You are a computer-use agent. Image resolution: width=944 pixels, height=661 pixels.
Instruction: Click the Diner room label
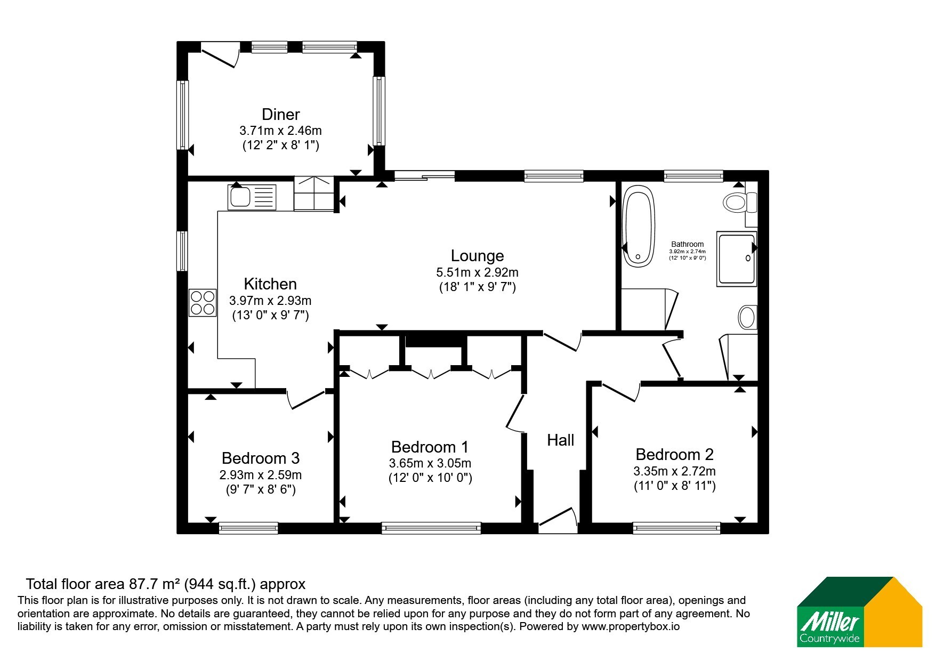(280, 114)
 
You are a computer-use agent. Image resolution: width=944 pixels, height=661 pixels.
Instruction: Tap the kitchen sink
(252, 197)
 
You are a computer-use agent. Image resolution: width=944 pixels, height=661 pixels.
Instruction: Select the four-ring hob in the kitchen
(203, 302)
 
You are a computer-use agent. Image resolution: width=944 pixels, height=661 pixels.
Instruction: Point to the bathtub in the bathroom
(639, 225)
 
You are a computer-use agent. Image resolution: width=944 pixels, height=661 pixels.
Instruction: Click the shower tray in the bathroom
(737, 259)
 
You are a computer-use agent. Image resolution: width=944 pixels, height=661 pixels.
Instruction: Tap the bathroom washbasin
(747, 318)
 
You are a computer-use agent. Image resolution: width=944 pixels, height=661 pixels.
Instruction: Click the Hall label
(561, 440)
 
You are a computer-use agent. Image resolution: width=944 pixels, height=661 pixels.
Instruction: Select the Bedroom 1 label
(430, 447)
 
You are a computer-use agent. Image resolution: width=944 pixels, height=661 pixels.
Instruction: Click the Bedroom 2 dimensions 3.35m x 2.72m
(674, 471)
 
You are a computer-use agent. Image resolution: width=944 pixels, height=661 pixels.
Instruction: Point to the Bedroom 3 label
(261, 458)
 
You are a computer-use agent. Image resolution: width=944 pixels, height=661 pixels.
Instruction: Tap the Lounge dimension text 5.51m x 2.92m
(477, 272)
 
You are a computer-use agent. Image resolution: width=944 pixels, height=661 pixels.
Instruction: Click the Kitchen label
(270, 284)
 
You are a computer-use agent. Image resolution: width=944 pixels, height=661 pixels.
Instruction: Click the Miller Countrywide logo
(859, 612)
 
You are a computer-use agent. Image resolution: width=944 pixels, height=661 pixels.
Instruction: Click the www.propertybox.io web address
(631, 627)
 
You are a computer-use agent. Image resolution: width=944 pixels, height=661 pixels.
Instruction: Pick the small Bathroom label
(687, 244)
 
